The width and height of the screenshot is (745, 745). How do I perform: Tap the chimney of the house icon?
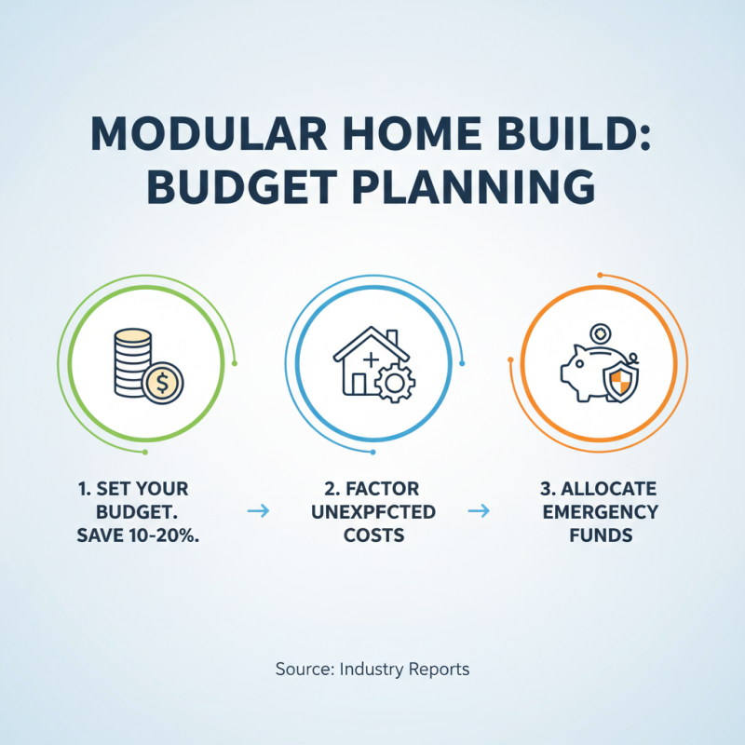[x=392, y=337]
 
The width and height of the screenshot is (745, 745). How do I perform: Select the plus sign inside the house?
[x=372, y=359]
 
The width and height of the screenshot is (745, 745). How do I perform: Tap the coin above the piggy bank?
[x=599, y=332]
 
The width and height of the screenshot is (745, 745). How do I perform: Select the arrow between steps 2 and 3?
[x=480, y=510]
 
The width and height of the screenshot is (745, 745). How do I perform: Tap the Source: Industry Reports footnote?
[x=372, y=669]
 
